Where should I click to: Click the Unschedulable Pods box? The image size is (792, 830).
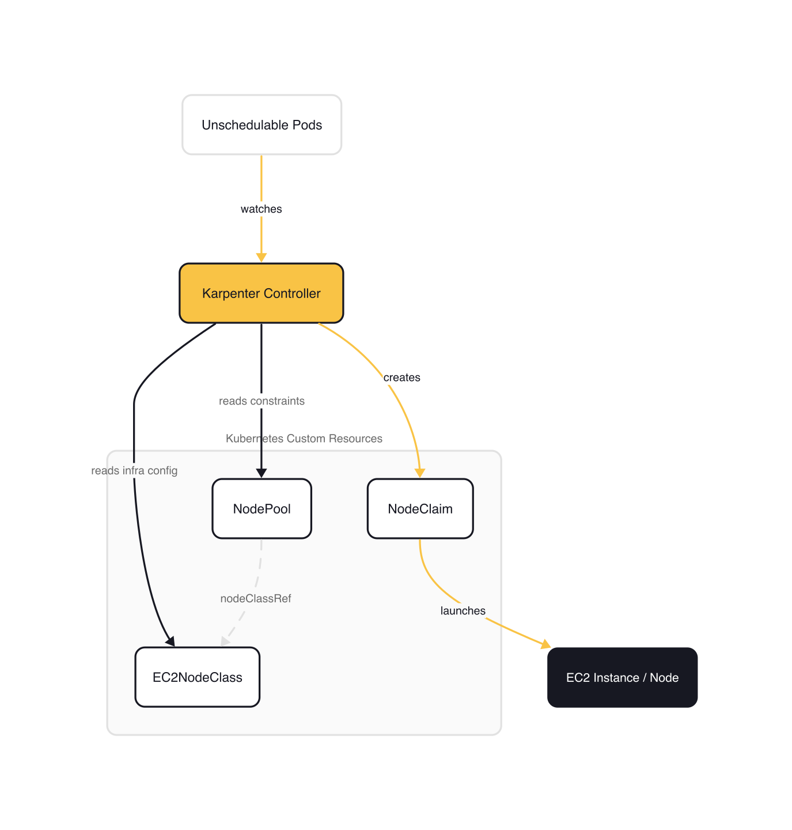click(262, 125)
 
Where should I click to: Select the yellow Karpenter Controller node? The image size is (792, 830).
click(262, 293)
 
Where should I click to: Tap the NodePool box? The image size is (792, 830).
click(262, 509)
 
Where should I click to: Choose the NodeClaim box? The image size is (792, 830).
click(420, 509)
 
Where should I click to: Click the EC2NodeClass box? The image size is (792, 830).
click(197, 677)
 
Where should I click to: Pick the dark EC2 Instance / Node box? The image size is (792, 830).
click(622, 678)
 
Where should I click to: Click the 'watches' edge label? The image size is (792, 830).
click(261, 209)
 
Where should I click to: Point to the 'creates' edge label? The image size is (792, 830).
click(401, 378)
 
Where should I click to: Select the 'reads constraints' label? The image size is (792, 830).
click(262, 401)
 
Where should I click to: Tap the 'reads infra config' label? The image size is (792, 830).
click(134, 471)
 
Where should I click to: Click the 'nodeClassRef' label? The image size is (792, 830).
click(256, 599)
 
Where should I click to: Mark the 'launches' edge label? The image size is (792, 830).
click(463, 611)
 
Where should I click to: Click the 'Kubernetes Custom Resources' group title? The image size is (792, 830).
click(304, 439)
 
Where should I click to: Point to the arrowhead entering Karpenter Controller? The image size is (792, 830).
click(262, 257)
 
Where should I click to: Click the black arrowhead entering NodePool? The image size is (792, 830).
click(262, 473)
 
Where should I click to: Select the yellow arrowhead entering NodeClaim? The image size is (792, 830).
click(420, 473)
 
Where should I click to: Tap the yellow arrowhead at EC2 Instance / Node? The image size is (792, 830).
click(545, 644)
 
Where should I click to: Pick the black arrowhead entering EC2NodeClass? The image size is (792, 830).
click(170, 641)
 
